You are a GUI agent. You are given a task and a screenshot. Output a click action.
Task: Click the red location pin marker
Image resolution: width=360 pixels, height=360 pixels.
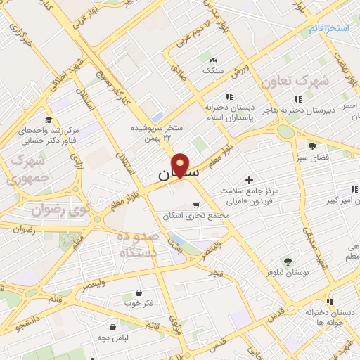(x=181, y=165)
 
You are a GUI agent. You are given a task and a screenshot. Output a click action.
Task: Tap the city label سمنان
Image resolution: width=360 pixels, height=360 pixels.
(x=179, y=172)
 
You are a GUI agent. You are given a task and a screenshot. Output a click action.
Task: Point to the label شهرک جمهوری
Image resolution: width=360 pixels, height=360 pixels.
(x=27, y=169)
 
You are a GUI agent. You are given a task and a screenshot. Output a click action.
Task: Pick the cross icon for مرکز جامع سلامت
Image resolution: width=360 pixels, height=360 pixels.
(x=248, y=181)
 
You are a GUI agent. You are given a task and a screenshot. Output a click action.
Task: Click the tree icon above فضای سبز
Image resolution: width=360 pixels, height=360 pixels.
(x=312, y=146)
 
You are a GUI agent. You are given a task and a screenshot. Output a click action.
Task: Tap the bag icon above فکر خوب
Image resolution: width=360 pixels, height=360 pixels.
(x=139, y=292)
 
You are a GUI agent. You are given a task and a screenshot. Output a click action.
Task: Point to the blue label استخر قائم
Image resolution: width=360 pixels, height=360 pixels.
(x=328, y=28)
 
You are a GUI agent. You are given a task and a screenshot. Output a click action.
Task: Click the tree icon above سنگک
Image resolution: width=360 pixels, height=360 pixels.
(x=213, y=60)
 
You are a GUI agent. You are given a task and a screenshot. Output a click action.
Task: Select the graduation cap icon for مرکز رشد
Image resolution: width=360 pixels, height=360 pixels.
(x=48, y=121)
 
